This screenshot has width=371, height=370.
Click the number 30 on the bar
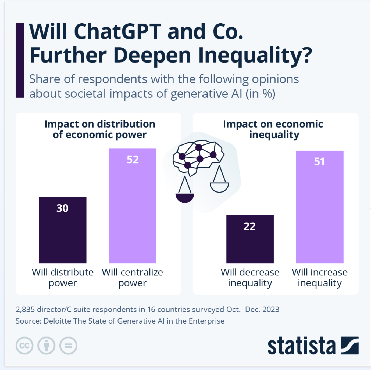pyautogui.click(x=62, y=208)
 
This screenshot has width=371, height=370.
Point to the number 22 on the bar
pyautogui.click(x=249, y=226)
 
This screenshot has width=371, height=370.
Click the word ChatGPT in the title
pyautogui.click(x=117, y=31)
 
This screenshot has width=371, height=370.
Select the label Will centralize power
pyautogui.click(x=132, y=277)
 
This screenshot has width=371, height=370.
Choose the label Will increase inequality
pyautogui.click(x=320, y=277)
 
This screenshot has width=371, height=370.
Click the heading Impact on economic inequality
pyautogui.click(x=273, y=129)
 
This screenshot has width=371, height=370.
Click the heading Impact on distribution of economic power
pyautogui.click(x=100, y=129)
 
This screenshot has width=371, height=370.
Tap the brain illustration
pyautogui.click(x=198, y=157)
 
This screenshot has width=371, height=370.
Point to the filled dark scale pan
pyautogui.click(x=185, y=198)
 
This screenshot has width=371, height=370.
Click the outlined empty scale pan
pyautogui.click(x=219, y=187)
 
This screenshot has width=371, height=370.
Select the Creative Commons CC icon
pyautogui.click(x=24, y=346)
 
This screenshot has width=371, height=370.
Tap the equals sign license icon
pyautogui.click(x=68, y=346)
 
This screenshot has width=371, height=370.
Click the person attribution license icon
pyautogui.click(x=46, y=346)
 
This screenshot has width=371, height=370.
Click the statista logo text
pyautogui.click(x=301, y=346)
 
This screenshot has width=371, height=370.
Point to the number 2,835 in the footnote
pyautogui.click(x=25, y=309)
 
